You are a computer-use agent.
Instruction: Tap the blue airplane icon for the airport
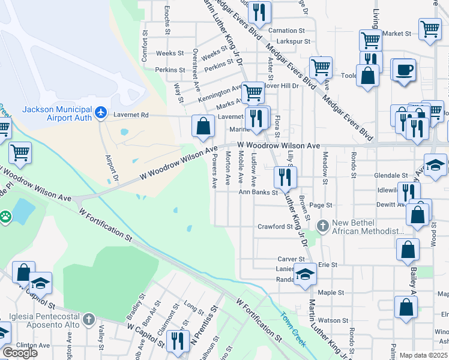101,112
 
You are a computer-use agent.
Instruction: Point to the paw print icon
5,215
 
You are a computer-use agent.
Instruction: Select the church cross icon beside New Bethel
322,226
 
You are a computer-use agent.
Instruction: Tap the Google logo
19,352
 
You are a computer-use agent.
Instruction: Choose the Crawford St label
275,227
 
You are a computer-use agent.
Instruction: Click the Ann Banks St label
259,193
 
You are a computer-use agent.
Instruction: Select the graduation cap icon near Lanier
306,274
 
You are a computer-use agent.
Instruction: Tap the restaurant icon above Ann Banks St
285,176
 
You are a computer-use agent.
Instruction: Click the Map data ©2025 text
424,355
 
